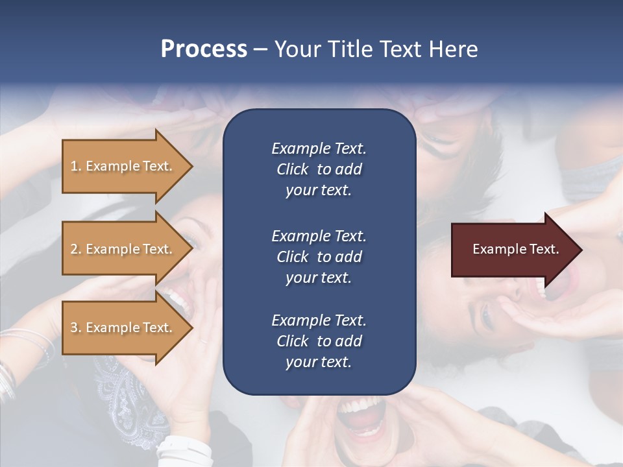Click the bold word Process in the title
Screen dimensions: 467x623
(204, 49)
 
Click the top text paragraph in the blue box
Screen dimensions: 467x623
(319, 169)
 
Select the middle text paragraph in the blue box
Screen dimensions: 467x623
(319, 256)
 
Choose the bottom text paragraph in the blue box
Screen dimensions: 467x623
(319, 341)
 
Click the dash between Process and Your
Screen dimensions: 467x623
(261, 50)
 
